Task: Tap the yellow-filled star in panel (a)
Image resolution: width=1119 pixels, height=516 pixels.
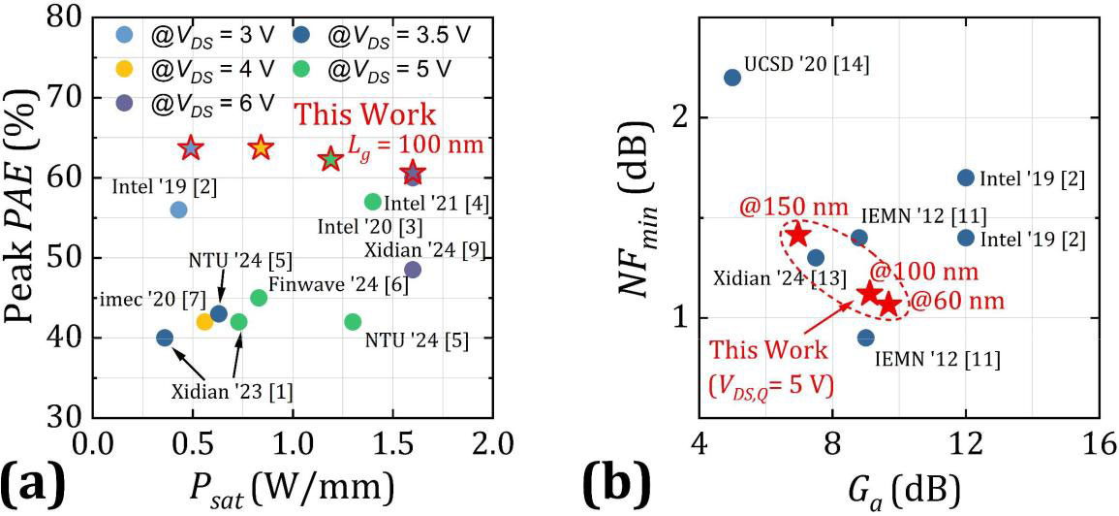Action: pyautogui.click(x=260, y=147)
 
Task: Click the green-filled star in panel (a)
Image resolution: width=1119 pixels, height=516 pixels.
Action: pyautogui.click(x=331, y=158)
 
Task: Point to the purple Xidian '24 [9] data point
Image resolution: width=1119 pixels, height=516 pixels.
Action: pyautogui.click(x=413, y=270)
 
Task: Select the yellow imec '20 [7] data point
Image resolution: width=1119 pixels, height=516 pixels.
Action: pyautogui.click(x=204, y=322)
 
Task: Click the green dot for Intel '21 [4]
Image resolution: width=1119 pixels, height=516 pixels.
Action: pyautogui.click(x=373, y=202)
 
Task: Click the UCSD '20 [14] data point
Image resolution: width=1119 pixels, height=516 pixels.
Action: pyautogui.click(x=732, y=78)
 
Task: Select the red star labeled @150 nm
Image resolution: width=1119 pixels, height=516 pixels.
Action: pyautogui.click(x=798, y=235)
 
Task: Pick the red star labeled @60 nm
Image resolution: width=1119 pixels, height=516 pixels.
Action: pyautogui.click(x=889, y=305)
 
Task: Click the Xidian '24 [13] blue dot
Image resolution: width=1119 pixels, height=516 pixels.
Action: pyautogui.click(x=816, y=258)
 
